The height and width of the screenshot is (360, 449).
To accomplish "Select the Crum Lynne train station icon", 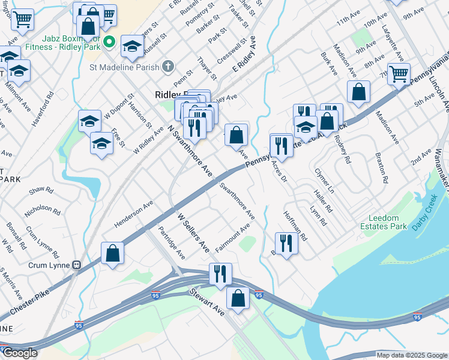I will coord(76,265).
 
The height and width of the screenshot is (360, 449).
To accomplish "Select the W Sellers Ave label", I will coord(193,231).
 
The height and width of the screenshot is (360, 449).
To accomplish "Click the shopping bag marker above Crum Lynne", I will coord(112,253).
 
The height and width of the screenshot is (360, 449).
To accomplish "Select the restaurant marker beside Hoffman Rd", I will coord(286,242).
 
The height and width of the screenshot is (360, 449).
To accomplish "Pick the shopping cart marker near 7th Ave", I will coord(399,74).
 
